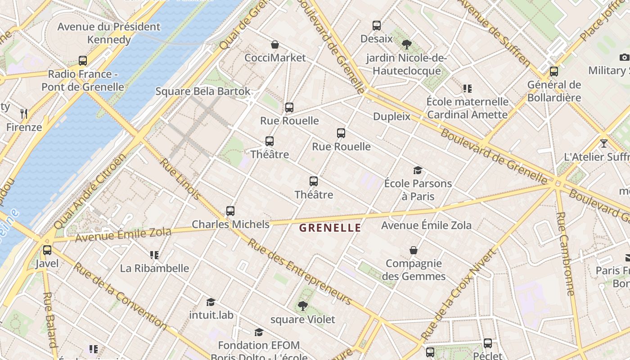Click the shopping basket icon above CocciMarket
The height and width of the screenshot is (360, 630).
[x=275, y=45]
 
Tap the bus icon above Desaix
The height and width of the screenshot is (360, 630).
[x=377, y=26]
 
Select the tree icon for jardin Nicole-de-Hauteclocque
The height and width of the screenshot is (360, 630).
[x=407, y=44]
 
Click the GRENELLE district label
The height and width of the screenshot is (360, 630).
[x=330, y=228]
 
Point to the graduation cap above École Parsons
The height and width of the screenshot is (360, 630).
[x=418, y=170]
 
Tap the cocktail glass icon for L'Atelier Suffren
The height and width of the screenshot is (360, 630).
[x=603, y=144]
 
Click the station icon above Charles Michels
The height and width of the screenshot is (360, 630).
[x=230, y=211]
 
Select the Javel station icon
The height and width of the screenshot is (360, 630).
[x=47, y=250]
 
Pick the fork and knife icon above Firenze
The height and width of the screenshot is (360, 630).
[x=24, y=114]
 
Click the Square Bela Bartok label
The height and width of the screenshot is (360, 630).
[x=203, y=91]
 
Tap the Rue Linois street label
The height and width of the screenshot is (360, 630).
[x=180, y=179]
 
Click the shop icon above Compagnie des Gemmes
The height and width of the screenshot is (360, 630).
[x=414, y=250]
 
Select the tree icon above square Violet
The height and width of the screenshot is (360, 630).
[x=303, y=306]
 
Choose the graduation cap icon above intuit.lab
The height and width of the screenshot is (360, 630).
[x=211, y=301]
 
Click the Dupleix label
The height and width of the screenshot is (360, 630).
[x=391, y=117]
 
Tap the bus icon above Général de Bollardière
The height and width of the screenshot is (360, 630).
[x=554, y=72]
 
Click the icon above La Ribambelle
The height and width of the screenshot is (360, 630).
[x=154, y=255]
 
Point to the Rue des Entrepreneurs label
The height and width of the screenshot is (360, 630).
[x=300, y=272]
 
